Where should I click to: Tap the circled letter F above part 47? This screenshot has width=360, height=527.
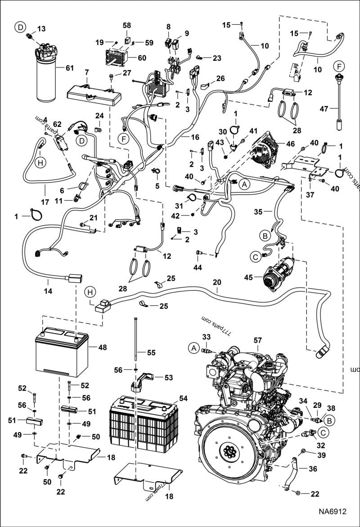pos(339,66)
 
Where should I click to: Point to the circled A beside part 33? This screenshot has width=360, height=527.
pos(193,348)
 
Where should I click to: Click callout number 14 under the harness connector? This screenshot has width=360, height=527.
pos(48,291)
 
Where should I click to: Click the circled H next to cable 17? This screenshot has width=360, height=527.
pos(40,163)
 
